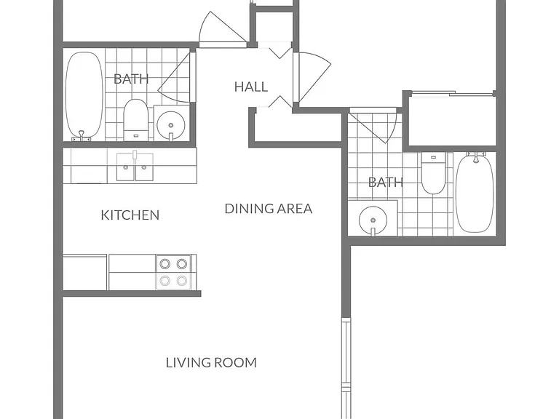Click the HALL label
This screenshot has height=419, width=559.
click(x=251, y=87)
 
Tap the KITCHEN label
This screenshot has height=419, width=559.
click(x=130, y=215)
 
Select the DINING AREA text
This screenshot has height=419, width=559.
click(x=269, y=209)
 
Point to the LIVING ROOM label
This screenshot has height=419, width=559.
click(x=211, y=362)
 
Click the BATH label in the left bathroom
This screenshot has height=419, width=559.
click(x=131, y=79)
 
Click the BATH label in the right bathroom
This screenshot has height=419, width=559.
click(x=386, y=183)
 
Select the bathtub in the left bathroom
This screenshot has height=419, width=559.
click(x=84, y=96)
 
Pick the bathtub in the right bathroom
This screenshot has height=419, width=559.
click(x=475, y=192)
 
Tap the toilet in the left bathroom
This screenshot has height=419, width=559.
click(x=135, y=120)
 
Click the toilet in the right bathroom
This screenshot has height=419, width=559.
click(x=433, y=173)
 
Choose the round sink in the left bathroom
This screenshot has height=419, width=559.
click(x=171, y=124)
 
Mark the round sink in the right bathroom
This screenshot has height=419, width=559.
click(x=373, y=220)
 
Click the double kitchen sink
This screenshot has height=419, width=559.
click(x=135, y=167)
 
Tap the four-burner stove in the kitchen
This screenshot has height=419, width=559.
click(x=174, y=272)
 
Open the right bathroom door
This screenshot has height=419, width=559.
click(x=373, y=125)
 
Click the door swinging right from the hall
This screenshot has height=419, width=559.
click(x=312, y=77)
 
